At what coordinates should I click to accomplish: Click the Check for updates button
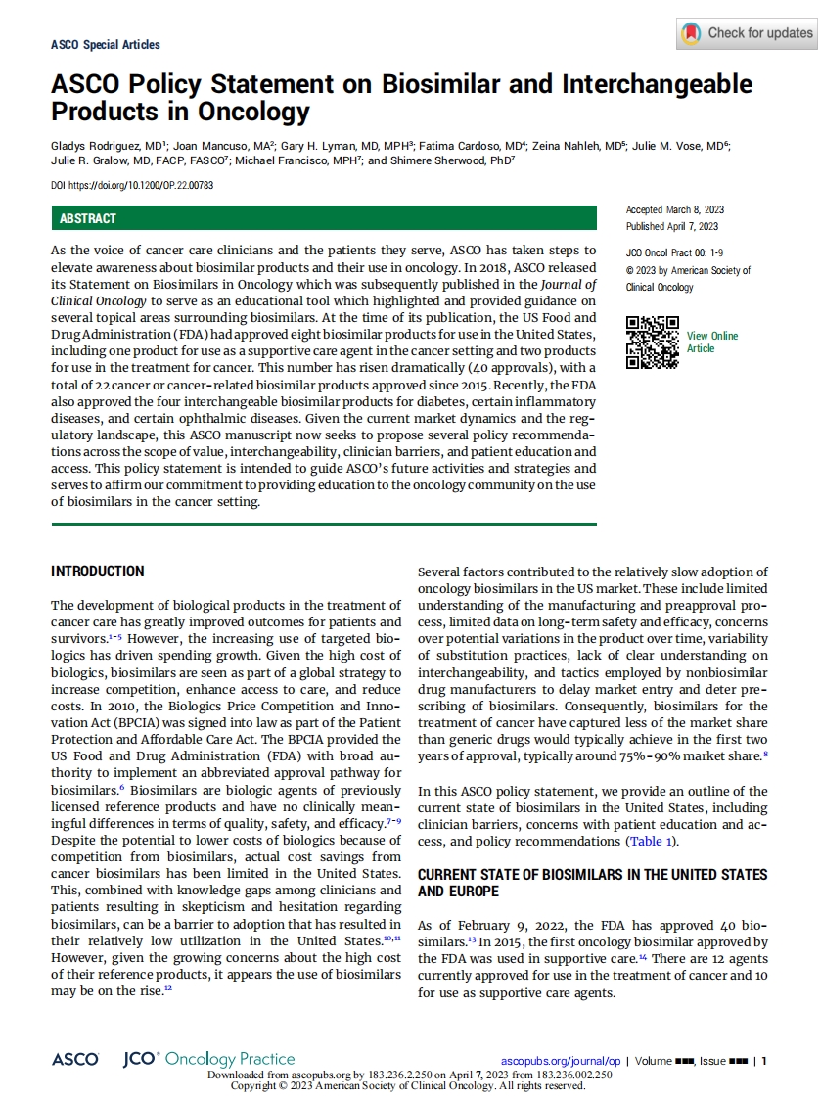tap(746, 33)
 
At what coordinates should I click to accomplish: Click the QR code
tap(652, 343)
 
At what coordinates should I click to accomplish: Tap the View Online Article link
tap(711, 343)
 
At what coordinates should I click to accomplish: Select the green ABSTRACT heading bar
tap(323, 218)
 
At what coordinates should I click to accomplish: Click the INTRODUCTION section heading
tap(98, 572)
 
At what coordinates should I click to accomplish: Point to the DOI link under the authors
tap(132, 185)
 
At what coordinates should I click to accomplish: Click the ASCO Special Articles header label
tap(105, 44)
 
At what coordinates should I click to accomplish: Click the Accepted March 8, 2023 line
tap(674, 210)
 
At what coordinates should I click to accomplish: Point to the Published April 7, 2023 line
tap(672, 226)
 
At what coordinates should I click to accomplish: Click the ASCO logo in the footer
tap(75, 1059)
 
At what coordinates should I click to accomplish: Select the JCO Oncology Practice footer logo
tap(208, 1059)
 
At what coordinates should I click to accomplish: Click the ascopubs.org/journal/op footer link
tap(561, 1060)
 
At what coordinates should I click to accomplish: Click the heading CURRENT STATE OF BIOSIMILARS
tap(592, 874)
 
